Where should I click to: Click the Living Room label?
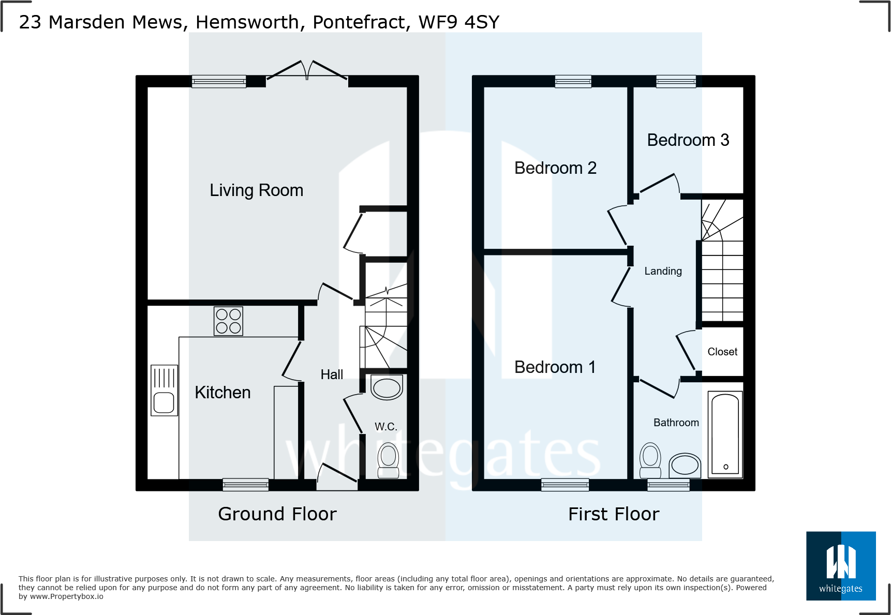click(256, 190)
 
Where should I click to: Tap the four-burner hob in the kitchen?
click(228, 321)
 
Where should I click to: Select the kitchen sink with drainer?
click(164, 391)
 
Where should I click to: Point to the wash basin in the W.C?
click(387, 387)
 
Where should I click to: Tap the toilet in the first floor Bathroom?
click(650, 460)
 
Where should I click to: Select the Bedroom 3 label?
click(688, 140)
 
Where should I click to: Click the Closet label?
click(722, 352)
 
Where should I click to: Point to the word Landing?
click(663, 271)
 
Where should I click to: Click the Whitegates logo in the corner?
click(841, 566)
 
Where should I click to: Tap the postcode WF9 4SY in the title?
click(459, 22)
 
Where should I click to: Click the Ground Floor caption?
click(277, 514)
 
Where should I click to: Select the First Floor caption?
click(614, 514)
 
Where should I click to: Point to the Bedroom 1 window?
click(565, 485)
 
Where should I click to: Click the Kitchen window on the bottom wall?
click(246, 485)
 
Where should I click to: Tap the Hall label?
click(332, 374)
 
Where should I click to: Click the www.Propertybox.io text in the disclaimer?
click(67, 596)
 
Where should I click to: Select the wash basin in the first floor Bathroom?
click(685, 464)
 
